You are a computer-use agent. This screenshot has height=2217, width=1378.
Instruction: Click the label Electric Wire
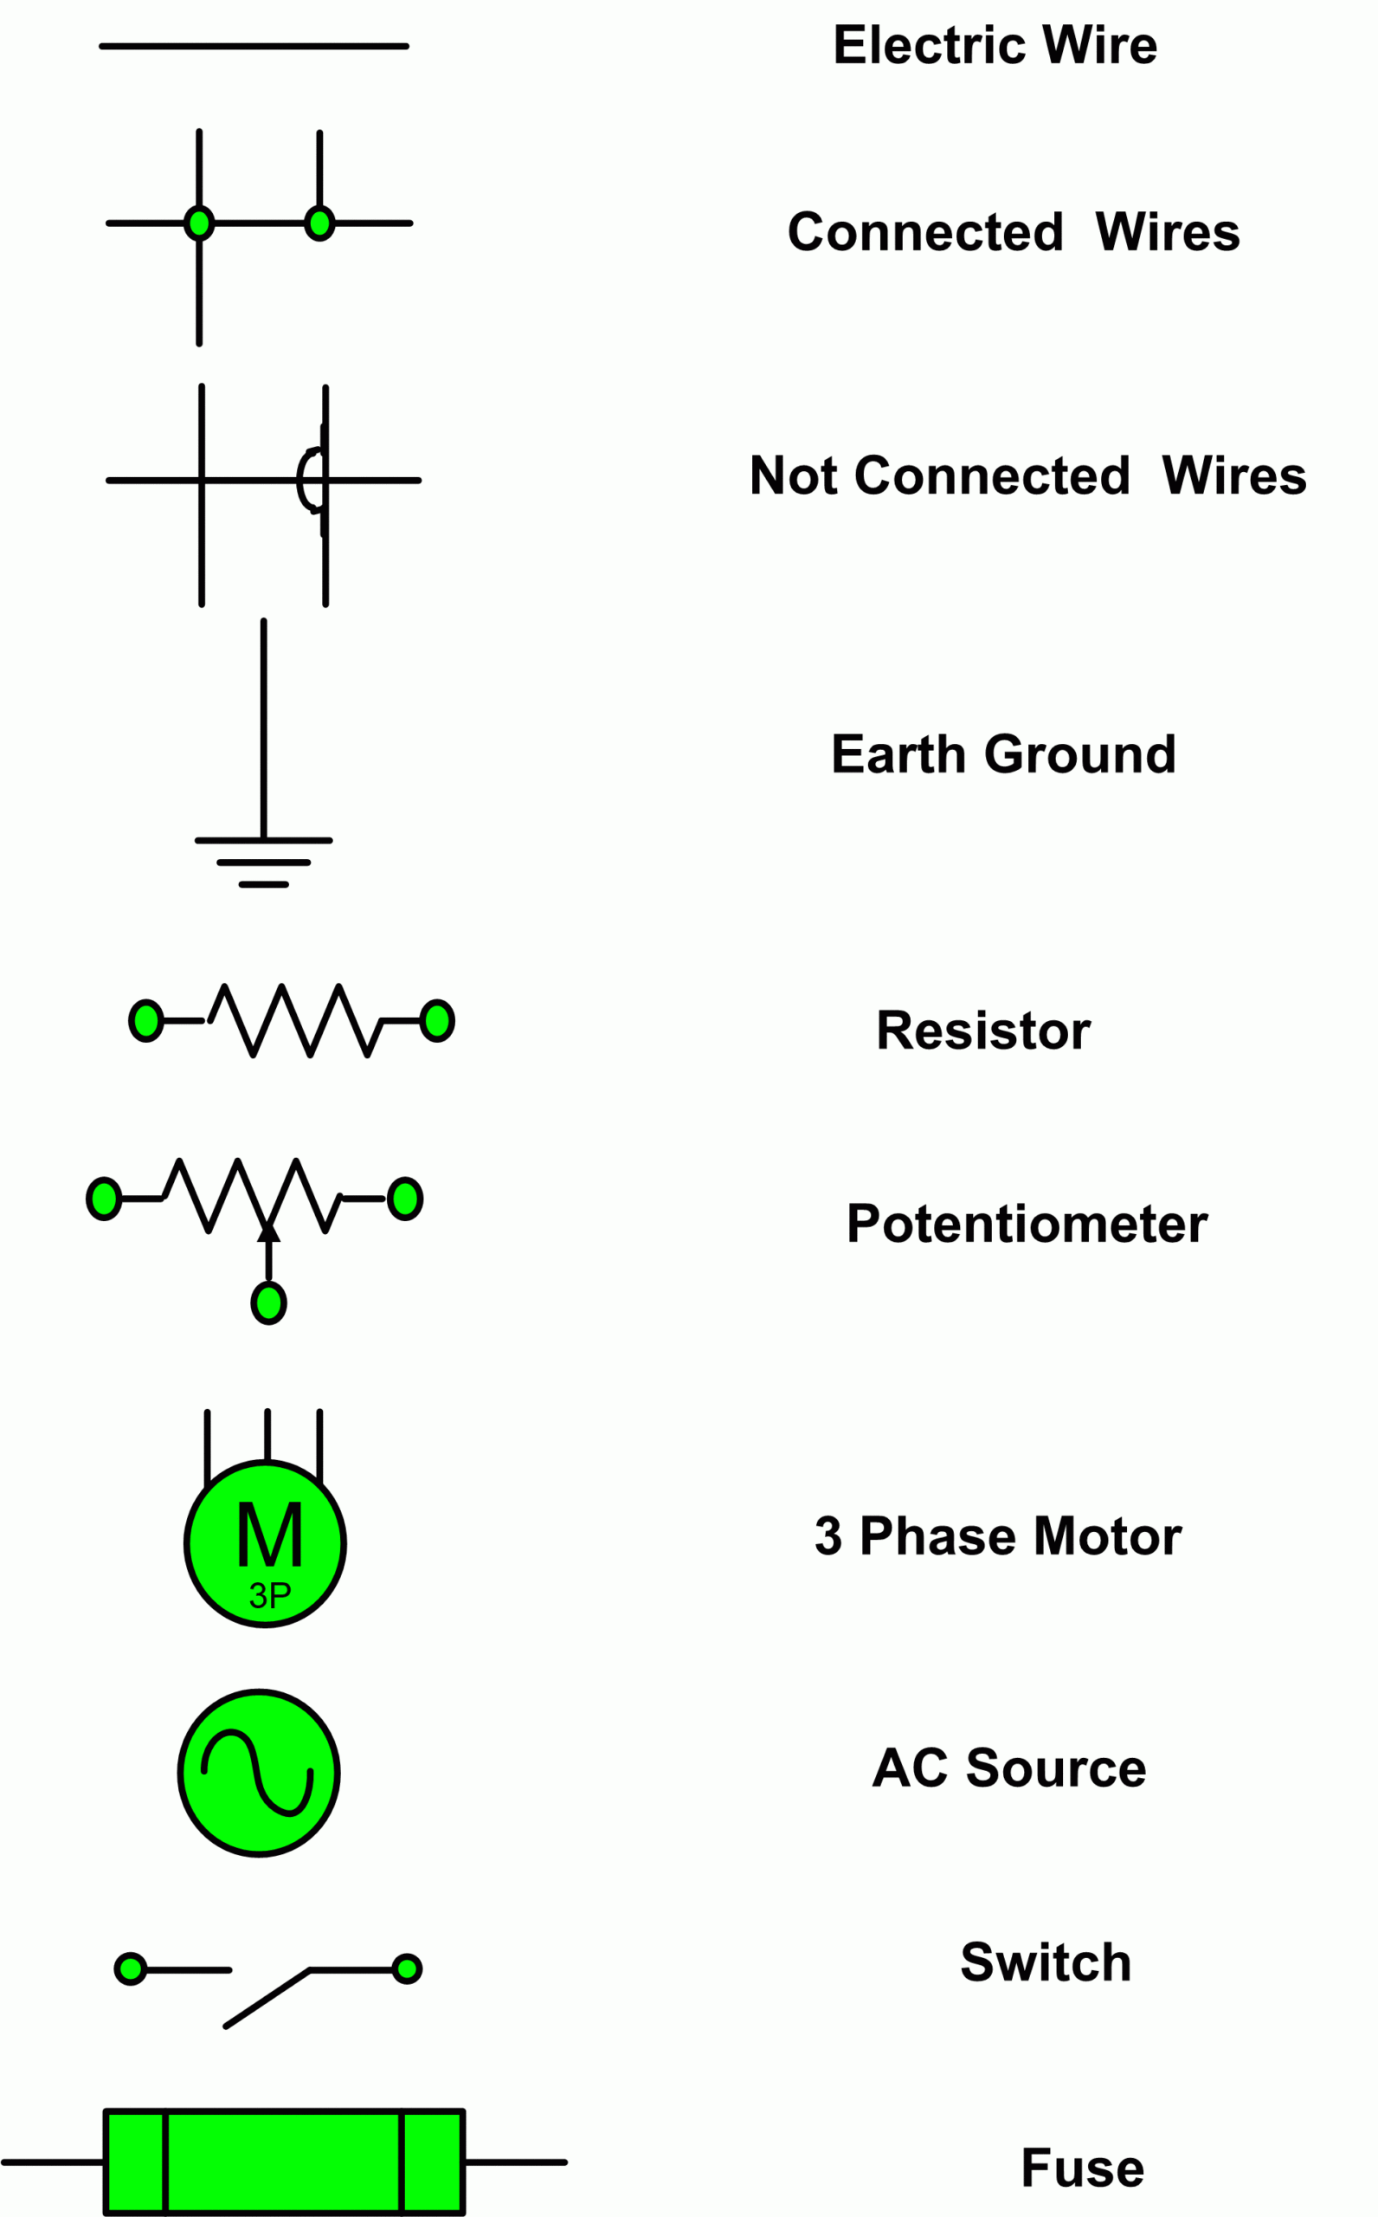click(x=995, y=46)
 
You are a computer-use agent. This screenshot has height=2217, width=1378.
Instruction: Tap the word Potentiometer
click(x=1027, y=1224)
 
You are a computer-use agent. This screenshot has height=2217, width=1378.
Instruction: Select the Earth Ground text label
click(x=1002, y=754)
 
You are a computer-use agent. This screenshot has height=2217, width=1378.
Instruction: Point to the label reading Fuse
click(x=1082, y=2168)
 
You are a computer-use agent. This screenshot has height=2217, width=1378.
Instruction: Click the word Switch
click(x=1046, y=1962)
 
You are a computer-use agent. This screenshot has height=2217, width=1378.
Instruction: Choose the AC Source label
click(x=1009, y=1768)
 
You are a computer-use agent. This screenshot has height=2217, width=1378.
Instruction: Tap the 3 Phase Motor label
click(x=998, y=1535)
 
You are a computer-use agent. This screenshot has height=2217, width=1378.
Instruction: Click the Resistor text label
click(x=982, y=1030)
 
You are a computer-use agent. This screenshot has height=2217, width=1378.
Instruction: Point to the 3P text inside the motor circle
click(x=270, y=1595)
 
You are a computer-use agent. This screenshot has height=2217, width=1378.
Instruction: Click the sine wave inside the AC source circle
click(x=258, y=1772)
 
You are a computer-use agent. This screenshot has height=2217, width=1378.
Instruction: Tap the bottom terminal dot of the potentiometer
click(x=269, y=1302)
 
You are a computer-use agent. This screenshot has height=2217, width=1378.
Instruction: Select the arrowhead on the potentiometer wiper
click(x=268, y=1232)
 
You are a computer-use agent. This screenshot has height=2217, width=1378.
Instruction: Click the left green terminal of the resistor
click(x=145, y=1020)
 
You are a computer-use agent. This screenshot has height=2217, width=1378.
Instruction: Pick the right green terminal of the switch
click(x=407, y=1969)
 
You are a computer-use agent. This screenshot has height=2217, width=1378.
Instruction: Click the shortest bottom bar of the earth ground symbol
click(x=263, y=884)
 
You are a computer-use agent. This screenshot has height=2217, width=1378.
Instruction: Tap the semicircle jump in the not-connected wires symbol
click(x=308, y=480)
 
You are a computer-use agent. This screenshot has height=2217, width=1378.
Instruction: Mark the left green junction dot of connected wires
click(x=199, y=223)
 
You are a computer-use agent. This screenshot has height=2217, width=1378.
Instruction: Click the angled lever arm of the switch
click(x=267, y=1997)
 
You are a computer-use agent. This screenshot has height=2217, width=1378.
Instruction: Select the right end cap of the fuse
click(x=431, y=2162)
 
